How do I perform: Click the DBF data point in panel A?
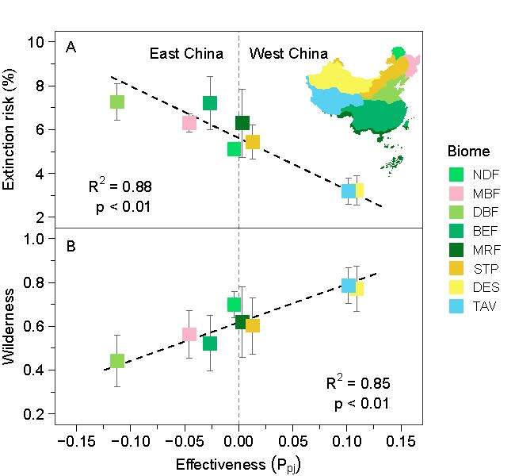116,102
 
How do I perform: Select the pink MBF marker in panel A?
189,122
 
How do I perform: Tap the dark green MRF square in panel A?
242,123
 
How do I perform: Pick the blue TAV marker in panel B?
348,286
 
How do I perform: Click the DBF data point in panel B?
116,361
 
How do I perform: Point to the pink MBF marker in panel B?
189,334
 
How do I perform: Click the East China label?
186,54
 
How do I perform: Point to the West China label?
288,54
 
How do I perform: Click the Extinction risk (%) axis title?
12,129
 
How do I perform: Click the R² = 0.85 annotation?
358,384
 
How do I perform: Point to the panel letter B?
71,246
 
